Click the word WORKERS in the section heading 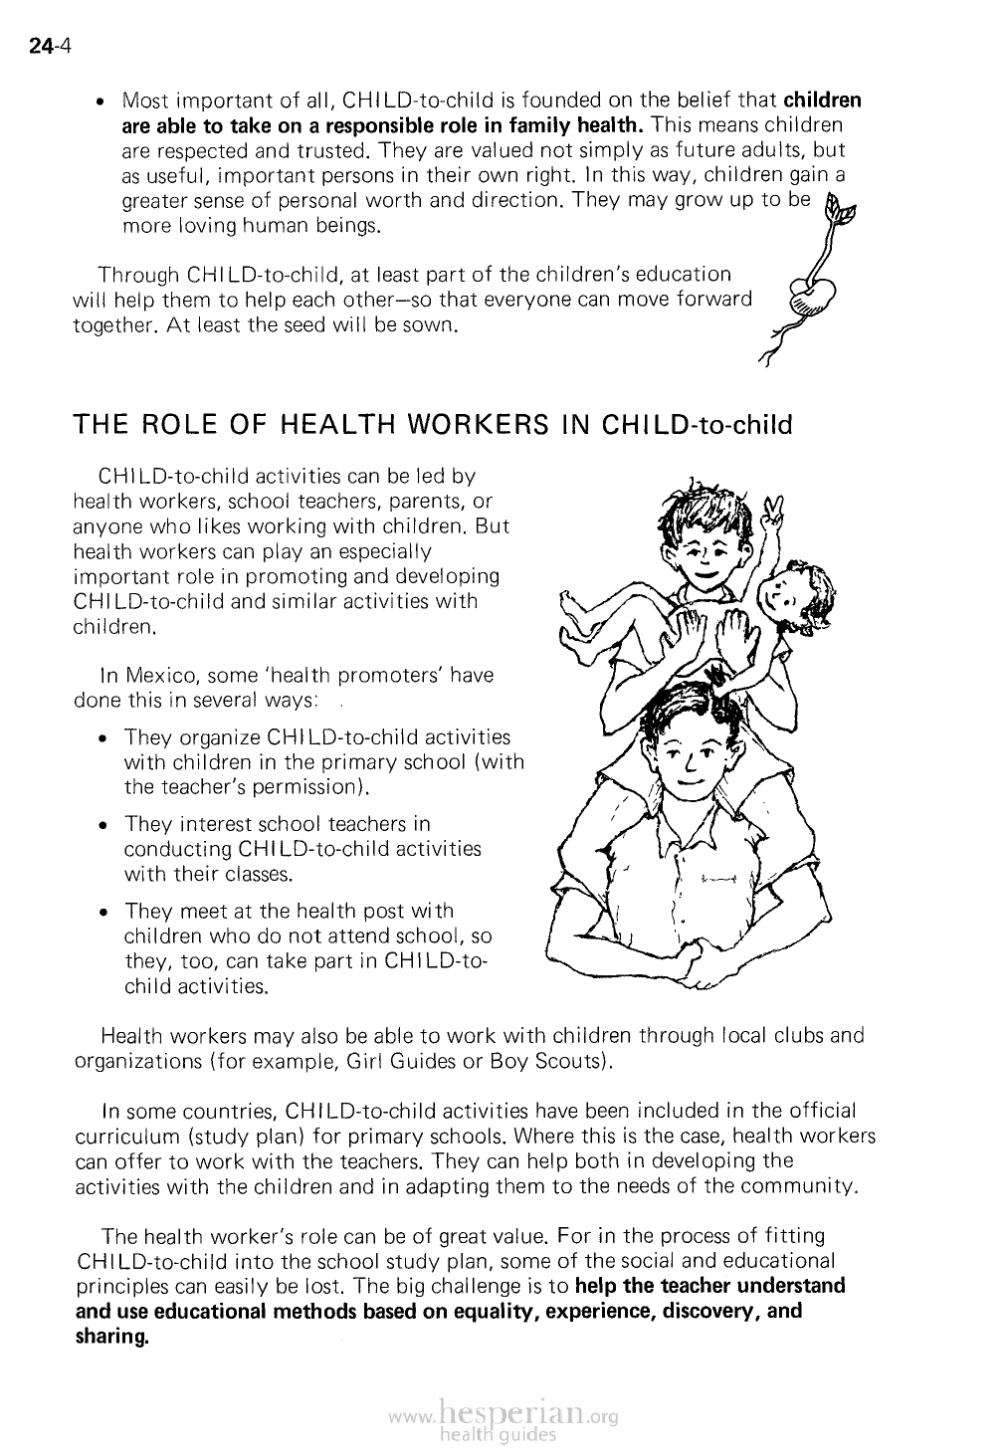point(466,425)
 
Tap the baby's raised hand point(770,515)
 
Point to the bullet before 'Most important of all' point(101,102)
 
